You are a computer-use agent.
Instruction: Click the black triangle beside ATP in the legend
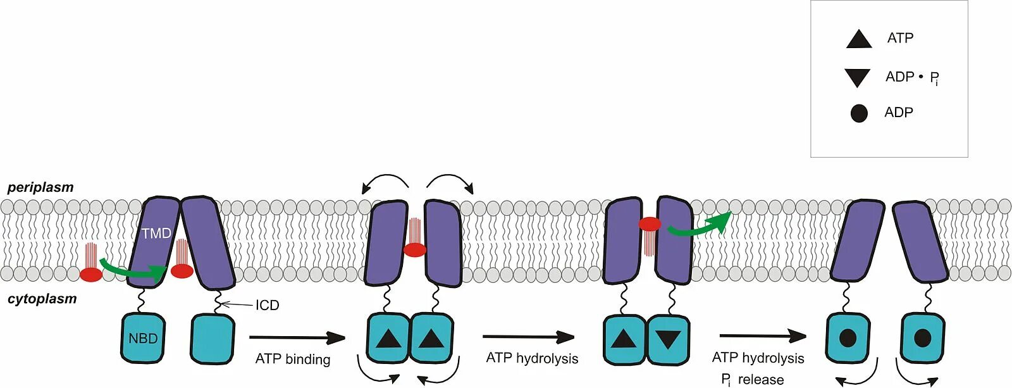pyautogui.click(x=858, y=39)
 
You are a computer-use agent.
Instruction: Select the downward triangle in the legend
pyautogui.click(x=858, y=77)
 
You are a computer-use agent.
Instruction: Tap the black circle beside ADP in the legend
pyautogui.click(x=859, y=113)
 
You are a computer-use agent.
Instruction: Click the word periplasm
pyautogui.click(x=40, y=187)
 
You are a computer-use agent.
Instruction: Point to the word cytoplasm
pyautogui.click(x=42, y=299)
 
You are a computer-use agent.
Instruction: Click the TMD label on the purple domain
pyautogui.click(x=156, y=234)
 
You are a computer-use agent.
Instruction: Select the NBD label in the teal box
pyautogui.click(x=143, y=339)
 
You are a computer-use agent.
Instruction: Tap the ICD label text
pyautogui.click(x=267, y=305)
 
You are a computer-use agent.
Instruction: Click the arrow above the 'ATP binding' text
pyautogui.click(x=297, y=338)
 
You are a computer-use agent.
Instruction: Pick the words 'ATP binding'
pyautogui.click(x=293, y=360)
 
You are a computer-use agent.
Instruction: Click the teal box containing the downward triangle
pyautogui.click(x=668, y=340)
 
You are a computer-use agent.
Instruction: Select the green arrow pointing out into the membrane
pyautogui.click(x=699, y=225)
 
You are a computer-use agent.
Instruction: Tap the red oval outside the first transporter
pyautogui.click(x=91, y=275)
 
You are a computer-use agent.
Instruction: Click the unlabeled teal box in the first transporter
pyautogui.click(x=213, y=339)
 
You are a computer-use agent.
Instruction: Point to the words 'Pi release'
pyautogui.click(x=753, y=380)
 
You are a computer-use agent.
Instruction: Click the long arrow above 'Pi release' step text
pyautogui.click(x=762, y=336)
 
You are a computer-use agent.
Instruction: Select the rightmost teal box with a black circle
pyautogui.click(x=922, y=338)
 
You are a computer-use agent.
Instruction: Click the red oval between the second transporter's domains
pyautogui.click(x=415, y=250)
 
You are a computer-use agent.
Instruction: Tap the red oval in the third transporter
pyautogui.click(x=650, y=224)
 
